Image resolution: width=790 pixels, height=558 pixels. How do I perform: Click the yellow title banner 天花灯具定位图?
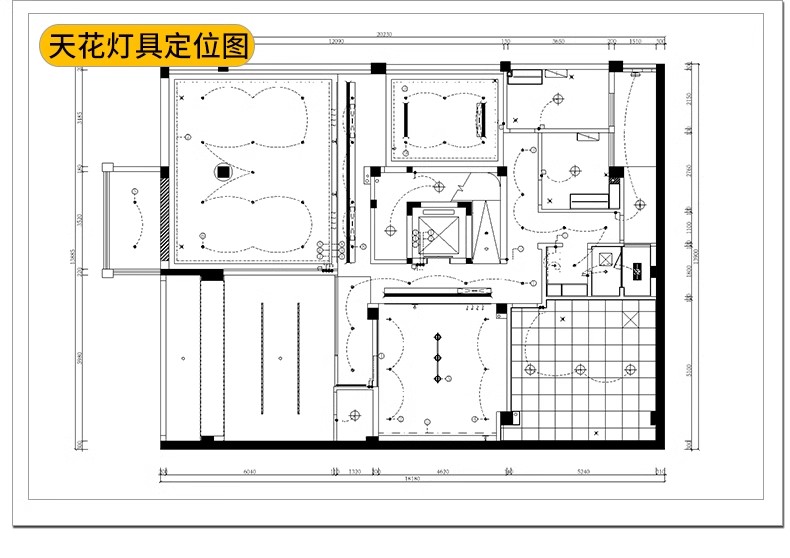click(147, 46)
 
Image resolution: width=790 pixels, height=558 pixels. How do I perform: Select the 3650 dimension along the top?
click(559, 42)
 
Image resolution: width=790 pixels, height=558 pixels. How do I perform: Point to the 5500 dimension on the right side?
click(687, 369)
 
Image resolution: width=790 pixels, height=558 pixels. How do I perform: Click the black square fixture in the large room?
click(224, 171)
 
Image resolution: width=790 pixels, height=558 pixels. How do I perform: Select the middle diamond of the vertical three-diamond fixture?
click(436, 357)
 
